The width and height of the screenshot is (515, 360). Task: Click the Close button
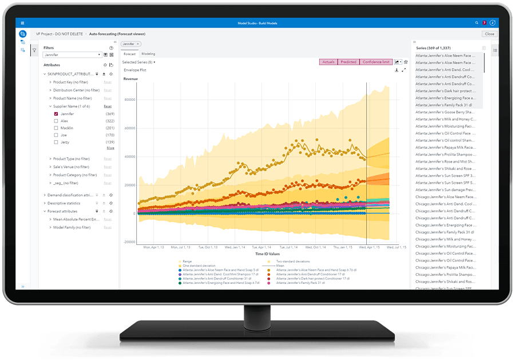(489, 34)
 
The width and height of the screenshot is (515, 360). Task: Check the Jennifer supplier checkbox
(56, 114)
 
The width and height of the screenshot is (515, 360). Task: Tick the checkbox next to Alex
(56, 121)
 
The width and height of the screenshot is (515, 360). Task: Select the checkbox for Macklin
(56, 128)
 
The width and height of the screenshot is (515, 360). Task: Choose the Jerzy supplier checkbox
(56, 142)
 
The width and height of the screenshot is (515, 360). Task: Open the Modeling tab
(148, 54)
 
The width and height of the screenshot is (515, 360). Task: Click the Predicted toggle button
(348, 62)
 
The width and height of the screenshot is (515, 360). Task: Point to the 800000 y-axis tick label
(129, 99)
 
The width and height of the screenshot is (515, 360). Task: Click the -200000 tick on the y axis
(128, 242)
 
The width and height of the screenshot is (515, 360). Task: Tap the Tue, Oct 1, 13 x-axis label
(209, 247)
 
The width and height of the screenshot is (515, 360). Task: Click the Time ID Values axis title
(267, 253)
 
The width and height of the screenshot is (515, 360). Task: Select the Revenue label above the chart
(131, 78)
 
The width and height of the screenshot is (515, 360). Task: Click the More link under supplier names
(110, 148)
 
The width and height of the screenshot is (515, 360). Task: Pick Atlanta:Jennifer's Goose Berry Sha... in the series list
(445, 112)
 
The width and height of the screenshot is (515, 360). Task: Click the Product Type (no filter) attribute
(71, 159)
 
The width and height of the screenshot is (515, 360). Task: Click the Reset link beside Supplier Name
(108, 106)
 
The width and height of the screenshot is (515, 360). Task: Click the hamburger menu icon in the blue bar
(22, 23)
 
